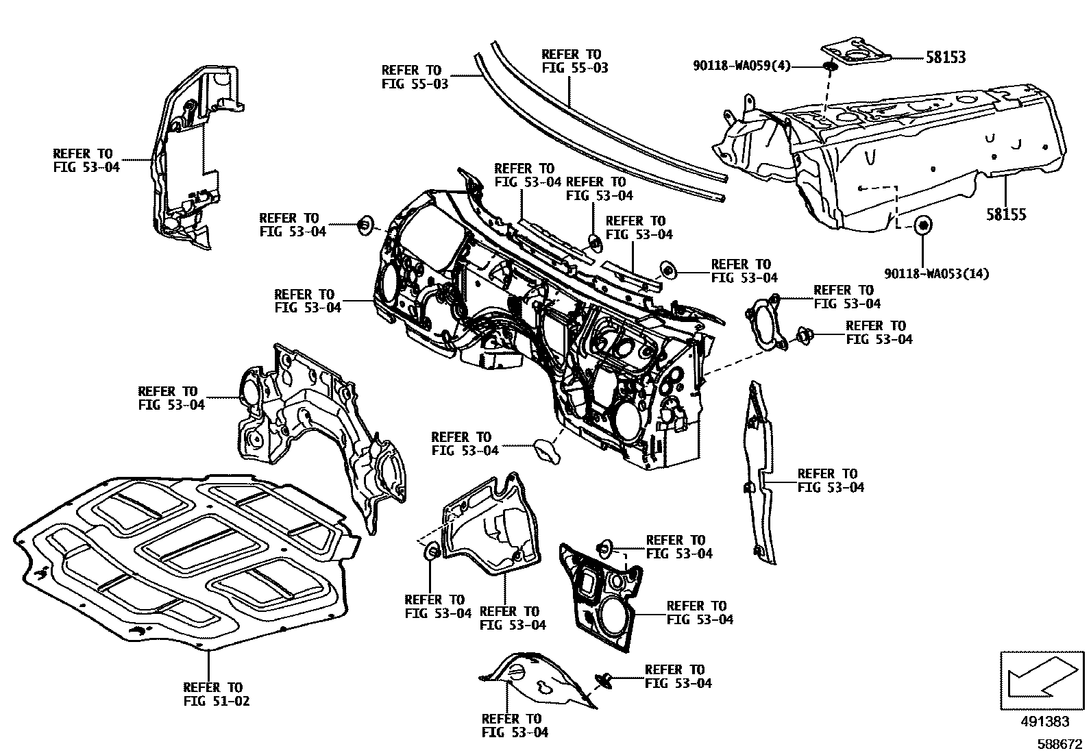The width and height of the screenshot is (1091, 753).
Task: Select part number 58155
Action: tap(1006, 214)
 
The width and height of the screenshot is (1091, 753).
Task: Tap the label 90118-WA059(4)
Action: tap(741, 66)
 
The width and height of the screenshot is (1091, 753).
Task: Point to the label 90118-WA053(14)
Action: tap(936, 274)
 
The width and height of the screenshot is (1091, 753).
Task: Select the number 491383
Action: tap(1044, 721)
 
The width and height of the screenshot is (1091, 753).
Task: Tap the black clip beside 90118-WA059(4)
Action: tap(829, 66)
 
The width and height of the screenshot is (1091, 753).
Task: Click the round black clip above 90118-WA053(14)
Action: tap(922, 224)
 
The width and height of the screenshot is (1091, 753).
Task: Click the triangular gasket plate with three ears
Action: tap(765, 324)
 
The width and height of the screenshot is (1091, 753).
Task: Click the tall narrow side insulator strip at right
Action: tap(759, 473)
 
